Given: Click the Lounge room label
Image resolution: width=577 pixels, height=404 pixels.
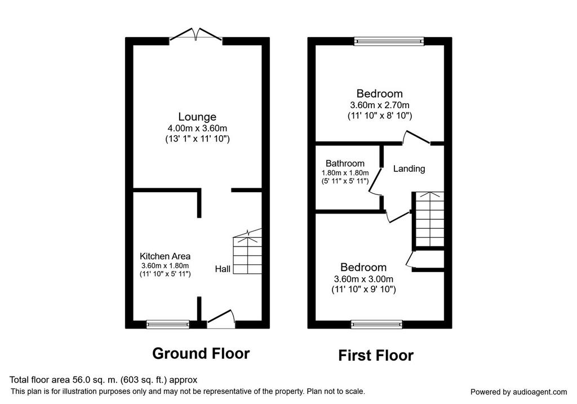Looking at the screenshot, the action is (197, 117).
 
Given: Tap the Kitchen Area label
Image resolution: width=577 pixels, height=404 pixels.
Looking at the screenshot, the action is (165, 256).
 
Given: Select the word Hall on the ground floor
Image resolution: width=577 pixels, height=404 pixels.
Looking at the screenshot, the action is (223, 269).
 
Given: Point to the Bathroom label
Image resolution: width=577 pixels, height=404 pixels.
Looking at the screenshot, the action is (345, 163).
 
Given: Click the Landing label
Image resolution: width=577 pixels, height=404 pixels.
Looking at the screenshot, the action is (409, 168).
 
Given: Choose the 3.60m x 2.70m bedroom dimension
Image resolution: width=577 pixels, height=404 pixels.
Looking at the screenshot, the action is (380, 105).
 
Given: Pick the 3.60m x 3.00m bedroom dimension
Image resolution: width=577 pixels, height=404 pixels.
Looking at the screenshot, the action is (363, 279).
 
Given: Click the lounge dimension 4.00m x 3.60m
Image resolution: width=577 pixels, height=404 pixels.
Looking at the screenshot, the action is (197, 128).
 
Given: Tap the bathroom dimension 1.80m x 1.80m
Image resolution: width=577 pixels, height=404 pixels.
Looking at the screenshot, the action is (345, 173).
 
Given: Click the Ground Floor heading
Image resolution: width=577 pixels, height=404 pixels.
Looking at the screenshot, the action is (201, 353).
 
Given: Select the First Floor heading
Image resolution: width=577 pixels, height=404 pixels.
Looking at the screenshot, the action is (376, 356).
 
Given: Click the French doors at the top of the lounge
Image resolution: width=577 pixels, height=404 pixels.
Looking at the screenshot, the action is (196, 34).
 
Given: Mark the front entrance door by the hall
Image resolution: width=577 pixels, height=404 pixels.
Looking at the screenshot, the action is (221, 319).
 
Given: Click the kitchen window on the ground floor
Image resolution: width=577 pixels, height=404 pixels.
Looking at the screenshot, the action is (168, 324).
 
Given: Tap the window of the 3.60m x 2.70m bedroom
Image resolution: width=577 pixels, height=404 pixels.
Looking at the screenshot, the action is (389, 41).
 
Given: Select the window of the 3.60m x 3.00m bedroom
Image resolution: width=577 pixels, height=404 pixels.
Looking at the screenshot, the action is (377, 324).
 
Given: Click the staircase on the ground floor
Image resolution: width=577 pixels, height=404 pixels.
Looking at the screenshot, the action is (247, 251).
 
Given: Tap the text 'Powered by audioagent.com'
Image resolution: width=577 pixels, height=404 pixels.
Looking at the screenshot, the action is (518, 392).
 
